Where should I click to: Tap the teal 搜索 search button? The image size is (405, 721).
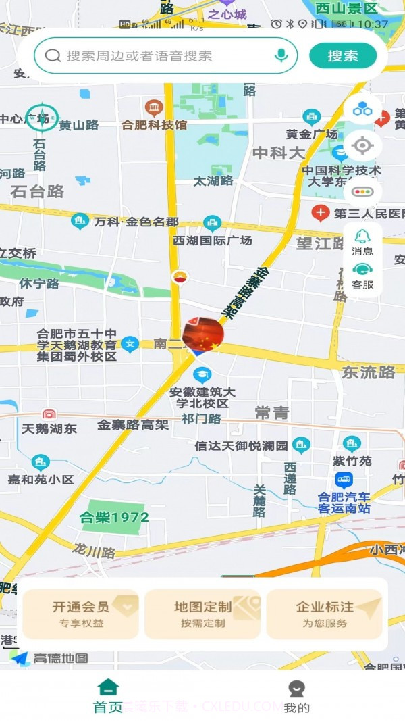[x=343, y=55]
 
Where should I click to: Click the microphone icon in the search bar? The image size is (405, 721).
[x=281, y=55]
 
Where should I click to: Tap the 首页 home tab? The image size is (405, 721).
[x=108, y=697]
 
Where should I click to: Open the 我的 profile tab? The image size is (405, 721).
[x=296, y=697]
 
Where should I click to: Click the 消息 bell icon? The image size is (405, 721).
[x=362, y=241]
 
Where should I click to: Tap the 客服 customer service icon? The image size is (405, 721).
[x=362, y=275]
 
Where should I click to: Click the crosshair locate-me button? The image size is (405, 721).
[x=362, y=145]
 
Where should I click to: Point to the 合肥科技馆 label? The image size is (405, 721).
[x=155, y=124]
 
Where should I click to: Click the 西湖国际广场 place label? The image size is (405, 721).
[x=213, y=240]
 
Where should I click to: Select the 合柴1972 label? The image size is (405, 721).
[x=114, y=518]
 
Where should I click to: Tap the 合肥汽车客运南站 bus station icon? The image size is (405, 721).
[x=344, y=480]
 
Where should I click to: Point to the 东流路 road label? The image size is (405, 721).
[x=369, y=372]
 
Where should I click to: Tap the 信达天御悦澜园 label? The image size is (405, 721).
[x=241, y=445]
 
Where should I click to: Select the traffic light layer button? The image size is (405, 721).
[x=362, y=191]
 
